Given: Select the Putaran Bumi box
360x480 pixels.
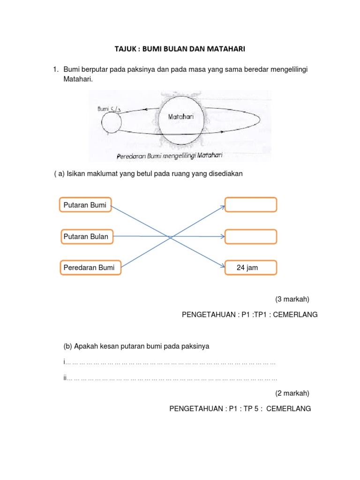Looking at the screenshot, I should tap(85, 205).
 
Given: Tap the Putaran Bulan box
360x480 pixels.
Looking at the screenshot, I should tap(86, 236).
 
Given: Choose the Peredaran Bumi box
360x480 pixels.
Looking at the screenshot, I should tap(90, 268).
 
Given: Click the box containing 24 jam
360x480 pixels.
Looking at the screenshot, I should tap(251, 268).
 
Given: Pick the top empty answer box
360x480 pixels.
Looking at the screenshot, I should tap(251, 205).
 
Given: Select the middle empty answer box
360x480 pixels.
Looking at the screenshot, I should tap(251, 236).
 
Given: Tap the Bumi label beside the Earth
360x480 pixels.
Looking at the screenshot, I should tap(103, 109).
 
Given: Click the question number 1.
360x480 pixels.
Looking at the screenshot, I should tap(55, 70).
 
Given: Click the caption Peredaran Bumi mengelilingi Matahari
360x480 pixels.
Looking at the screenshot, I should tap(169, 155).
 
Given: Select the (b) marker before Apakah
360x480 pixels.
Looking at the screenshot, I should tap(68, 346).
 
